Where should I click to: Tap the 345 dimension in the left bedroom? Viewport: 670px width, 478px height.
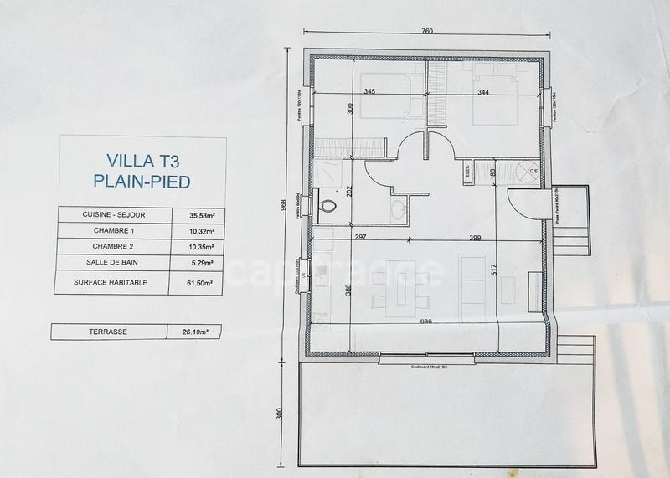368,90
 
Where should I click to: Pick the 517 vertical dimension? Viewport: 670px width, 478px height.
494,272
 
